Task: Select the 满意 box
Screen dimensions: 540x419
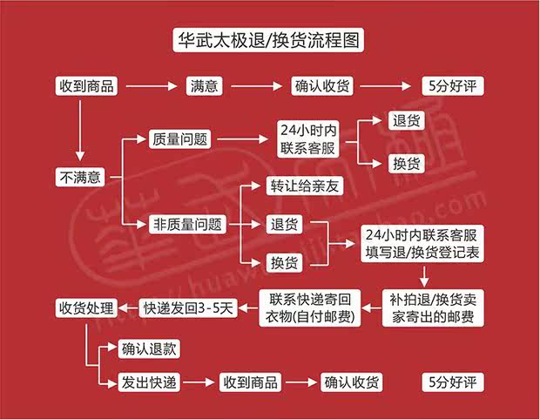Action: tap(206, 87)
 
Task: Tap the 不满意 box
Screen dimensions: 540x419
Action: tap(80, 177)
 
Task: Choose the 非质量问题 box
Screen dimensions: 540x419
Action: tap(188, 225)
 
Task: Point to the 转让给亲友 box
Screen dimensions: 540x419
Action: tap(289, 186)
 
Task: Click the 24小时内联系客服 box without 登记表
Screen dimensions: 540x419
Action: tap(301, 139)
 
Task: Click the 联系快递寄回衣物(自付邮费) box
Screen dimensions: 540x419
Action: tap(310, 307)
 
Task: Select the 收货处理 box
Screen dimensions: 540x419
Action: tap(86, 307)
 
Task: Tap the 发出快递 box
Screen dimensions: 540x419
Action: tap(149, 382)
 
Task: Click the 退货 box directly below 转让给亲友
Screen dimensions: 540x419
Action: tap(284, 225)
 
